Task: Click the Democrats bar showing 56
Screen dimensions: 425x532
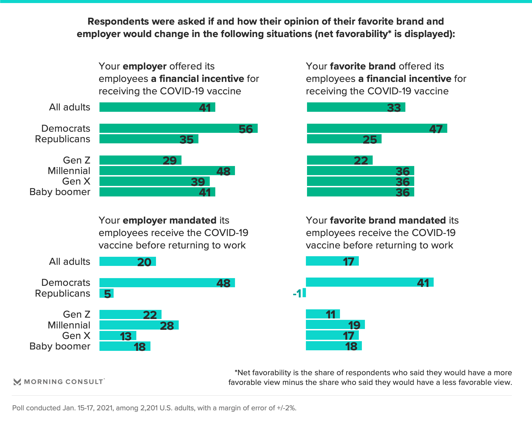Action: pyautogui.click(x=178, y=128)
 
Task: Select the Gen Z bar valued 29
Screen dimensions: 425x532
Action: pyautogui.click(x=140, y=160)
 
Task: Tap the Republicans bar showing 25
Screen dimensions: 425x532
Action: pyautogui.click(x=344, y=139)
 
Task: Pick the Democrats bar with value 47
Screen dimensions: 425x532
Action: pyautogui.click(x=377, y=128)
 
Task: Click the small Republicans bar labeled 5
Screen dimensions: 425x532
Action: pyautogui.click(x=106, y=293)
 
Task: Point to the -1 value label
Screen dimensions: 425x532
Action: pyautogui.click(x=297, y=293)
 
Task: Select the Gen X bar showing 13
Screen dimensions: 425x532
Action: pyautogui.click(x=118, y=336)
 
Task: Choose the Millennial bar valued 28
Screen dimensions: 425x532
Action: pyautogui.click(x=139, y=325)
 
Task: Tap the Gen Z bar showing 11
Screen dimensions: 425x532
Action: pyautogui.click(x=323, y=314)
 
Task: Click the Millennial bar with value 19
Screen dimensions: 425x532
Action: pyautogui.click(x=335, y=325)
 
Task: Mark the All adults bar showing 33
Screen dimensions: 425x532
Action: pyautogui.click(x=356, y=107)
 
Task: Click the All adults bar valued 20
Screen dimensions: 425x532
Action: pyautogui.click(x=127, y=261)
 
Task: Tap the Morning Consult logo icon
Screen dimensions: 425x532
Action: pyautogui.click(x=17, y=382)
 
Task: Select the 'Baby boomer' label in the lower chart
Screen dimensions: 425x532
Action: pyautogui.click(x=60, y=346)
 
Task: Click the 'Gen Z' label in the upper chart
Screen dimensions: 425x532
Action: pyautogui.click(x=76, y=160)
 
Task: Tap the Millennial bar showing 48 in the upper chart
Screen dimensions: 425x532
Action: pyautogui.click(x=167, y=171)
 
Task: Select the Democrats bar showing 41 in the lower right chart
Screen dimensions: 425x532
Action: pyautogui.click(x=370, y=282)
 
